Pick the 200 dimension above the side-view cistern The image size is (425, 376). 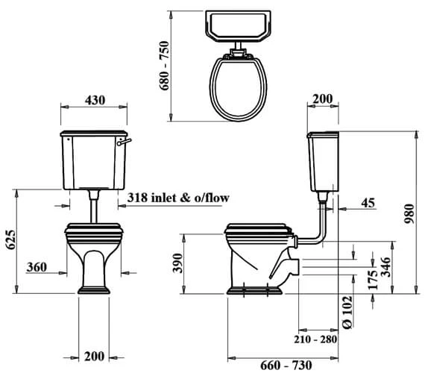point(323,98)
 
